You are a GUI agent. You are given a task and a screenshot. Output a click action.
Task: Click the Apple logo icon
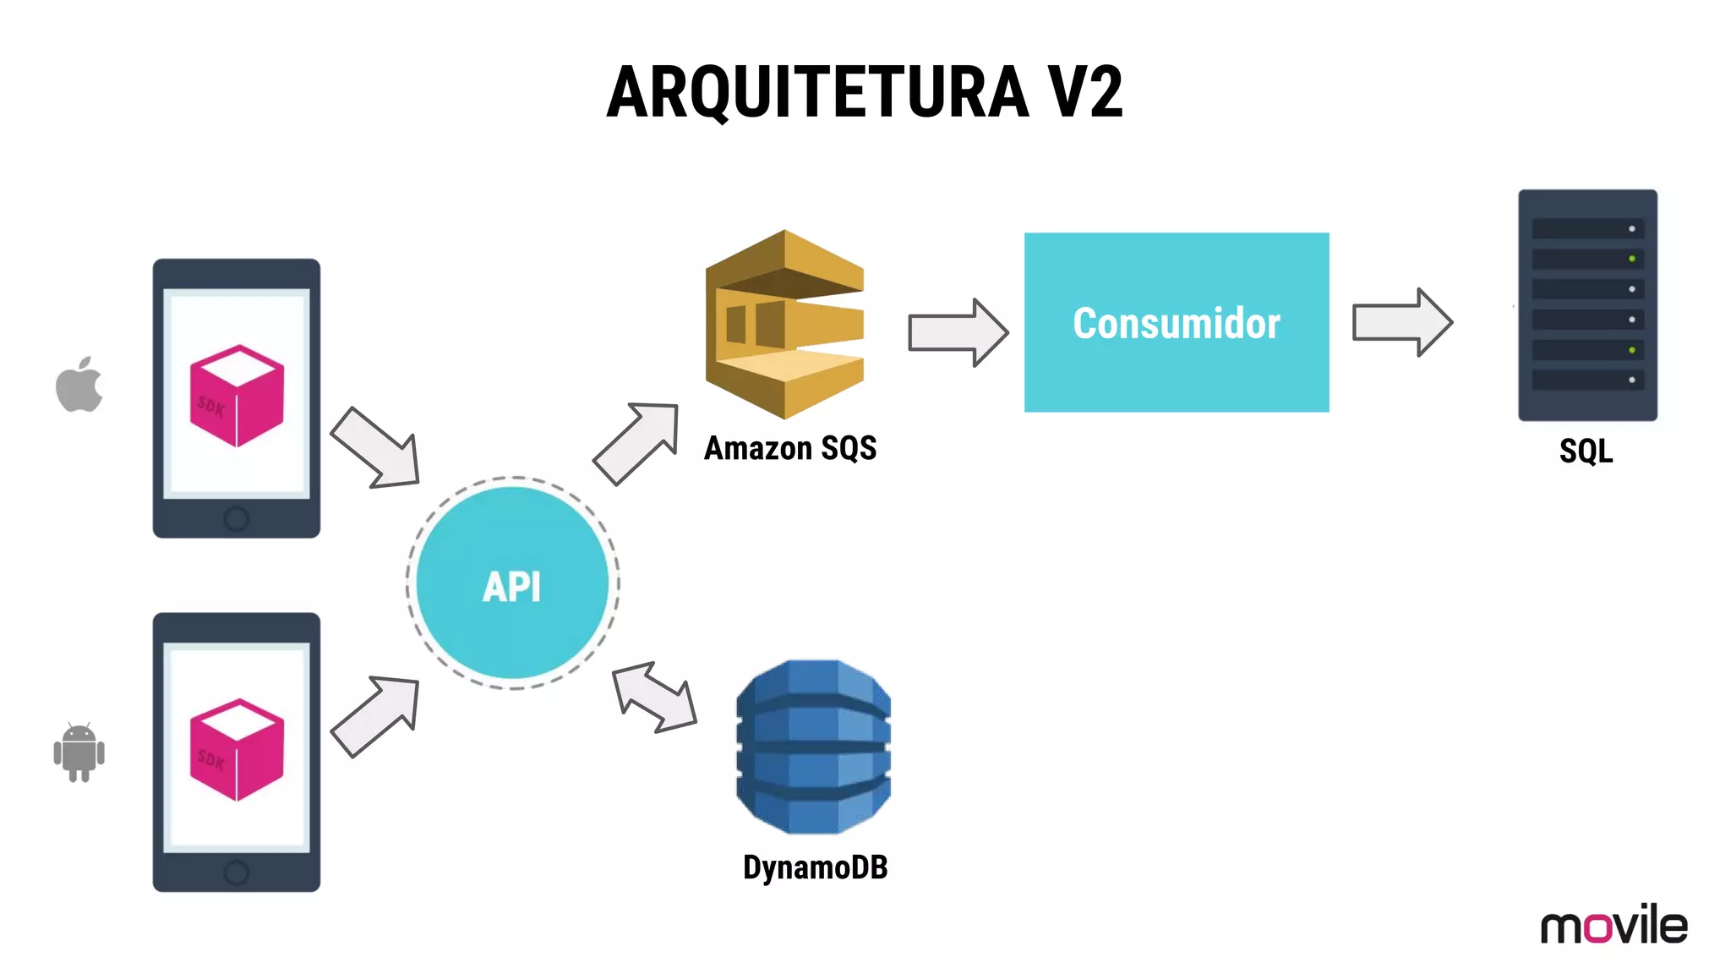click(x=79, y=386)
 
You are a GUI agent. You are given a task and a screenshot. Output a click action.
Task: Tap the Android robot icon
click(x=79, y=752)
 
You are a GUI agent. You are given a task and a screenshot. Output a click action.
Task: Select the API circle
click(x=512, y=583)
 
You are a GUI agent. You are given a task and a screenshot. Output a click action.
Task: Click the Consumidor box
click(x=1176, y=322)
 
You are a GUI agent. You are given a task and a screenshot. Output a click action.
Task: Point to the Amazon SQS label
click(x=790, y=448)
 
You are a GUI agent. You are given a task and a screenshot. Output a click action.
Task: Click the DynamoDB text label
click(x=815, y=867)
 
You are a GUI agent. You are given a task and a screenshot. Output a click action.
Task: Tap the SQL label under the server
click(x=1586, y=451)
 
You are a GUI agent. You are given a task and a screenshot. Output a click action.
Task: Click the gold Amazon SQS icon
click(x=784, y=325)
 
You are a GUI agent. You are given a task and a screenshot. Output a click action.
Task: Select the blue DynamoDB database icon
click(x=813, y=747)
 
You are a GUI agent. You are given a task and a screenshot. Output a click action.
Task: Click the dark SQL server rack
click(x=1587, y=304)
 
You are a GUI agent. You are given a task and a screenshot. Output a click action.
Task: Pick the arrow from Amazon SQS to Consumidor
click(x=958, y=331)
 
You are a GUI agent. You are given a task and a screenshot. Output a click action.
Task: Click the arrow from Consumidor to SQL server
click(x=1401, y=322)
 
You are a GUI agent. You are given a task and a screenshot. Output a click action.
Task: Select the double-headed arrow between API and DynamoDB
click(x=654, y=698)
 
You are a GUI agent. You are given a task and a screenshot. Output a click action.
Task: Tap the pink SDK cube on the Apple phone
click(x=237, y=396)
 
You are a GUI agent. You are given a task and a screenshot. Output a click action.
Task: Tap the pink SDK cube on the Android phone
click(x=237, y=750)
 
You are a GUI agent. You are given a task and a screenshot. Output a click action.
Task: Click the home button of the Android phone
click(x=236, y=873)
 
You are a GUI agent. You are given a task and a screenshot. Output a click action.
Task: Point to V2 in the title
click(x=1085, y=92)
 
